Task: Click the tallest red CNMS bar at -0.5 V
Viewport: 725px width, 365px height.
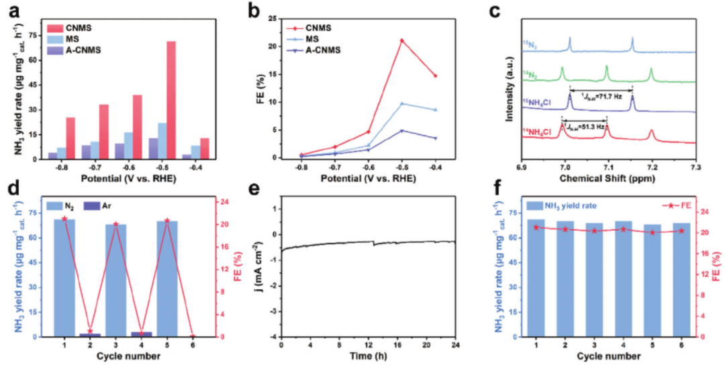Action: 171,100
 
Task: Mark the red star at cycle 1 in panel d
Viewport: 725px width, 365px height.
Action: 64,219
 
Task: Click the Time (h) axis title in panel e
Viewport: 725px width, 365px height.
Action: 368,356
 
